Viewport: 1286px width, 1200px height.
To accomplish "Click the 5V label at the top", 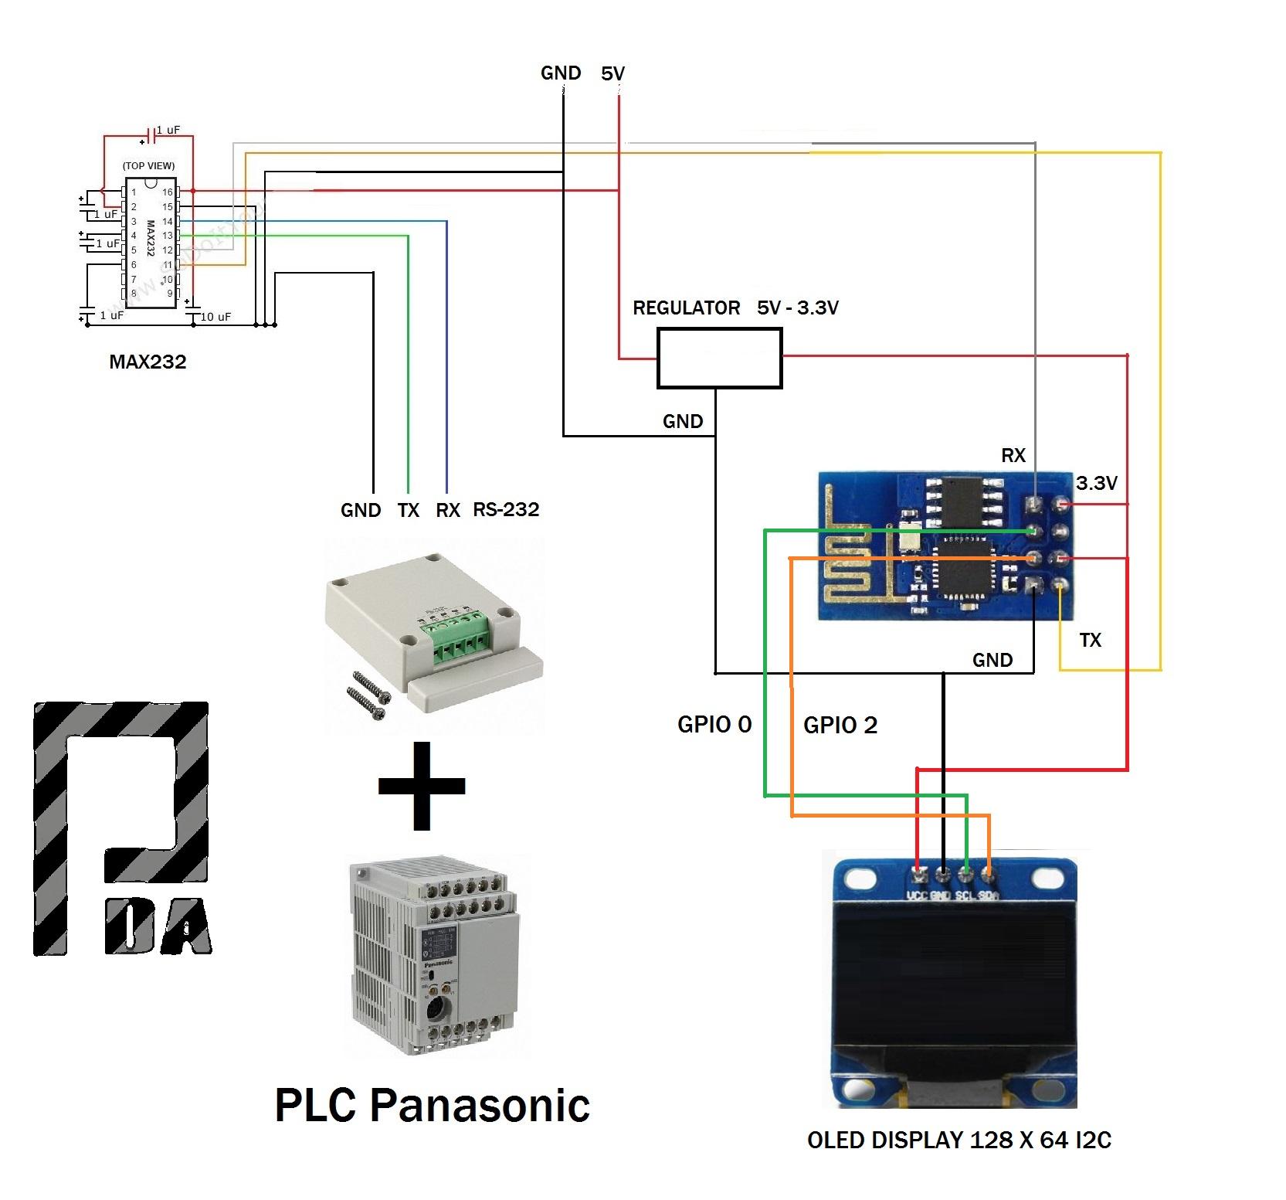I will pyautogui.click(x=612, y=73).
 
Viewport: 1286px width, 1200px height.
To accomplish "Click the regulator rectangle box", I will pyautogui.click(x=719, y=358).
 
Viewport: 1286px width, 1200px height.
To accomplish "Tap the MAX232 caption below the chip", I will pyautogui.click(x=148, y=362).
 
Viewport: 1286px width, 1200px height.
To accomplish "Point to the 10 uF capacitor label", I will pyautogui.click(x=215, y=317).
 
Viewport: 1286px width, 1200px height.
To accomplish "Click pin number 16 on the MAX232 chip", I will pyautogui.click(x=167, y=192).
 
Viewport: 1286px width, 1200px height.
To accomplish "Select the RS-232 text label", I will pyautogui.click(x=506, y=509).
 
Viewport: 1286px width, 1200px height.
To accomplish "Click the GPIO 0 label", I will pyautogui.click(x=714, y=724).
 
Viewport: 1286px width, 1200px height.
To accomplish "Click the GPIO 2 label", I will pyautogui.click(x=840, y=725).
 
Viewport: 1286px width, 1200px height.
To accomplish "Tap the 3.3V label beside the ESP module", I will pyautogui.click(x=1096, y=483).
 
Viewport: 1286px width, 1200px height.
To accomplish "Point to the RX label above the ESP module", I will pyautogui.click(x=1013, y=455).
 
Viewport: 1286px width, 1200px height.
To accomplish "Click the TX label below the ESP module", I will pyautogui.click(x=1090, y=640).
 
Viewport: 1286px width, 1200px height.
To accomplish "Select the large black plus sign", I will pyautogui.click(x=421, y=786).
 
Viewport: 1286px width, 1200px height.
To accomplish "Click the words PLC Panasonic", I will pyautogui.click(x=432, y=1105).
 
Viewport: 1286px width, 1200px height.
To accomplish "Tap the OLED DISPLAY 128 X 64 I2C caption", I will pyautogui.click(x=959, y=1140).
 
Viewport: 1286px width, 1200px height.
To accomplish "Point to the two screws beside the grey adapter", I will pyautogui.click(x=368, y=695).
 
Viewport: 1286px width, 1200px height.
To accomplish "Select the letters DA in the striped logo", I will pyautogui.click(x=158, y=928).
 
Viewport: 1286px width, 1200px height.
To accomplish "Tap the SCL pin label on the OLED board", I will pyautogui.click(x=965, y=896).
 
